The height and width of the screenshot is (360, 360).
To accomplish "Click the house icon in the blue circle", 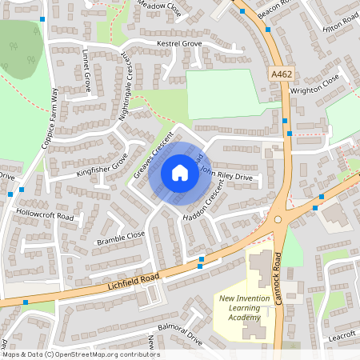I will coord(179,172).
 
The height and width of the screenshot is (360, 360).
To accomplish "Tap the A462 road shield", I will coord(281,74).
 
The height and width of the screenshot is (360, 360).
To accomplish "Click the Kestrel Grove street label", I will coord(179,42).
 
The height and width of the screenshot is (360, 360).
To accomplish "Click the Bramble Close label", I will coord(121,237).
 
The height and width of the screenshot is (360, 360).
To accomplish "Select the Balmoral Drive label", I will coord(179,334).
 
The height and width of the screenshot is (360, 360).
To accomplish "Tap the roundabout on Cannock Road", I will coord(279,219).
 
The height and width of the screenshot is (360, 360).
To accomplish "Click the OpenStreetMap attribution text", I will coord(81,354).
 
